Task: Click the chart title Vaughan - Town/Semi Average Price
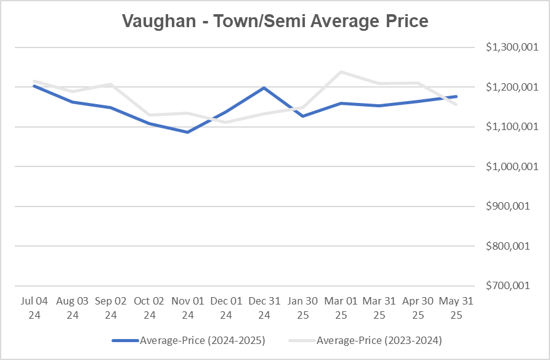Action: pos(275,21)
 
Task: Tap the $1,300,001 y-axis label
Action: pos(507,47)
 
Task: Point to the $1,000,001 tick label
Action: pos(507,166)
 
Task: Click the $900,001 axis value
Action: pos(510,207)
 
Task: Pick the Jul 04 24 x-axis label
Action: pos(34,308)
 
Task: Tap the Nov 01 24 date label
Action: pos(188,308)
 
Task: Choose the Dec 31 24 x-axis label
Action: pos(264,308)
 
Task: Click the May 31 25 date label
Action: pos(456,308)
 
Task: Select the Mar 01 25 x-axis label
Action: pos(341,308)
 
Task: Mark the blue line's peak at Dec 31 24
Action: pos(264,88)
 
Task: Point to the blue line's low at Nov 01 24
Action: pos(188,132)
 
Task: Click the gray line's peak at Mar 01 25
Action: pos(341,72)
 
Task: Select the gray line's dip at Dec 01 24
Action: pos(226,122)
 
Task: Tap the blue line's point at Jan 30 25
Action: pos(302,116)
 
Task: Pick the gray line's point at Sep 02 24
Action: pos(111,84)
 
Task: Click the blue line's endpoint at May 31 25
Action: pos(456,96)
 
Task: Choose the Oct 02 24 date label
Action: pos(149,308)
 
